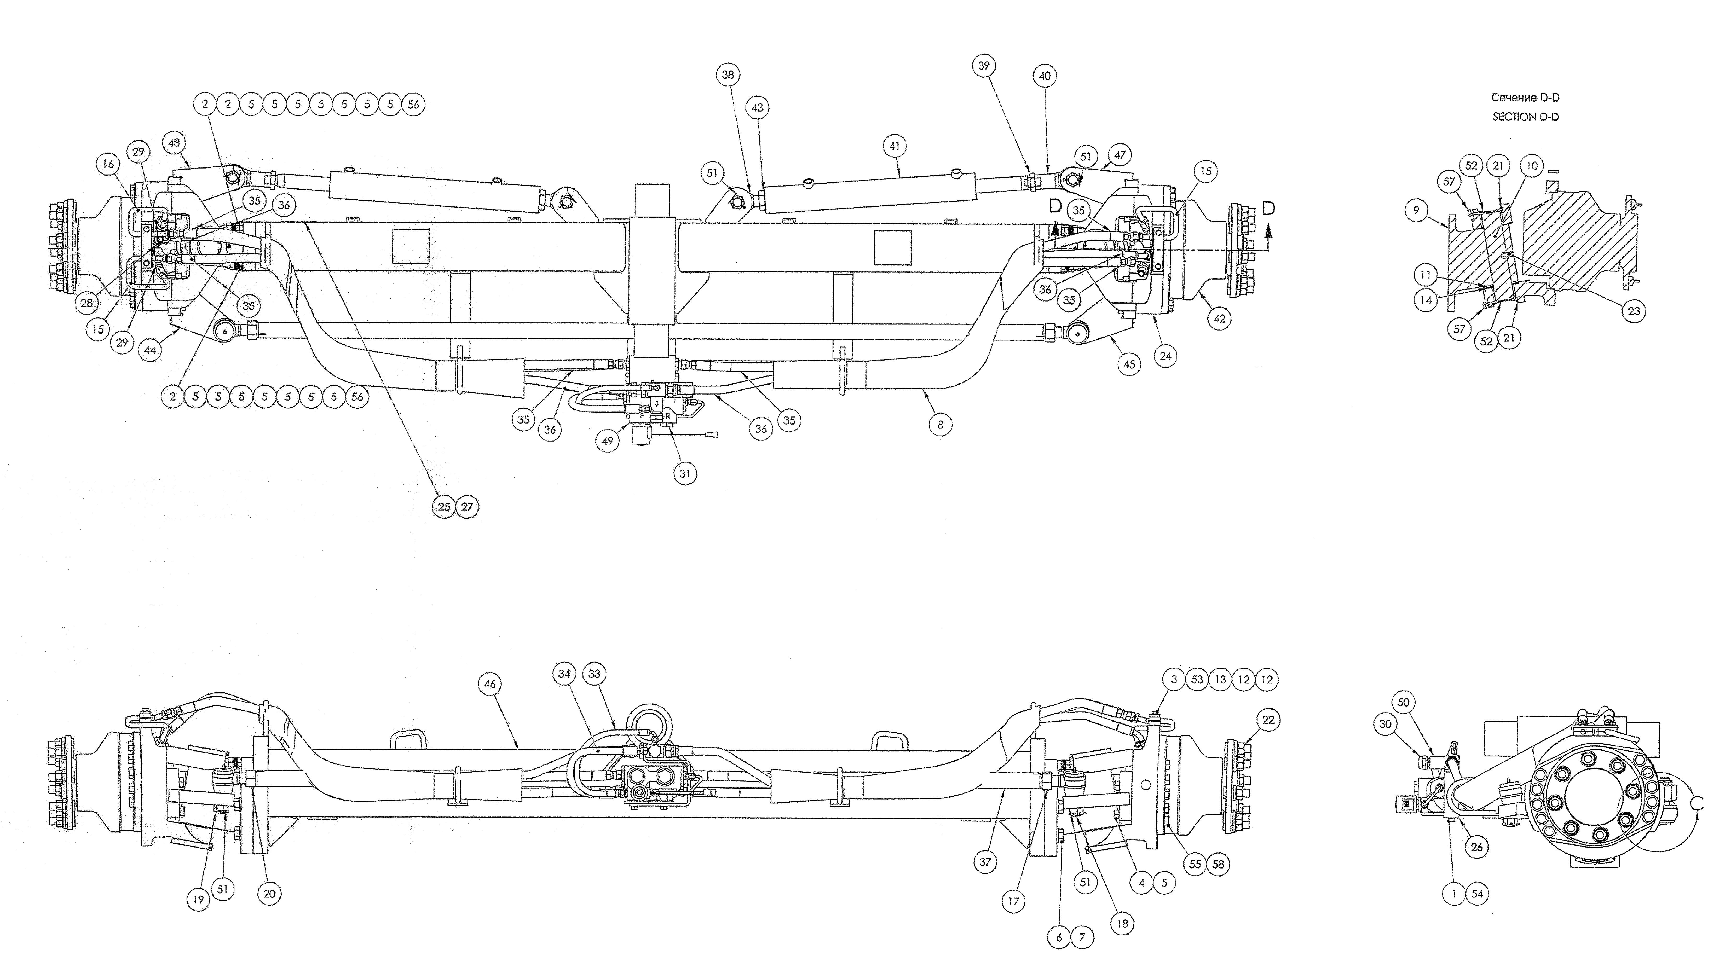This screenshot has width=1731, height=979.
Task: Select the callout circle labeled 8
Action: tap(940, 424)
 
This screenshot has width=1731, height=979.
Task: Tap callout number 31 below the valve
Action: tap(685, 473)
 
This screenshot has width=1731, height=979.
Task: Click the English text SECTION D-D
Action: tap(1525, 116)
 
